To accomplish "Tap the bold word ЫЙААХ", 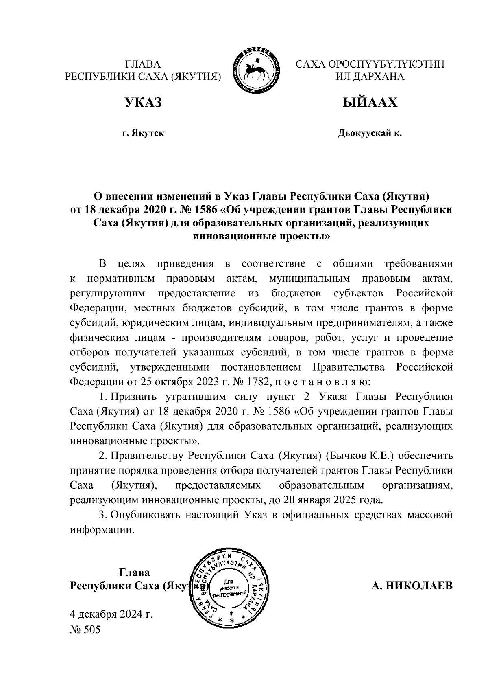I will pos(370,103).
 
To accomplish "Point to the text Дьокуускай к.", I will pos(370,133).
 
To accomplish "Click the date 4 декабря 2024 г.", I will pos(111,614).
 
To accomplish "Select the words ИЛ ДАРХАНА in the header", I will pos(370,77).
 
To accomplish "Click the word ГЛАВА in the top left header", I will pos(143,64).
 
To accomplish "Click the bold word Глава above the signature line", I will pos(134,573).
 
